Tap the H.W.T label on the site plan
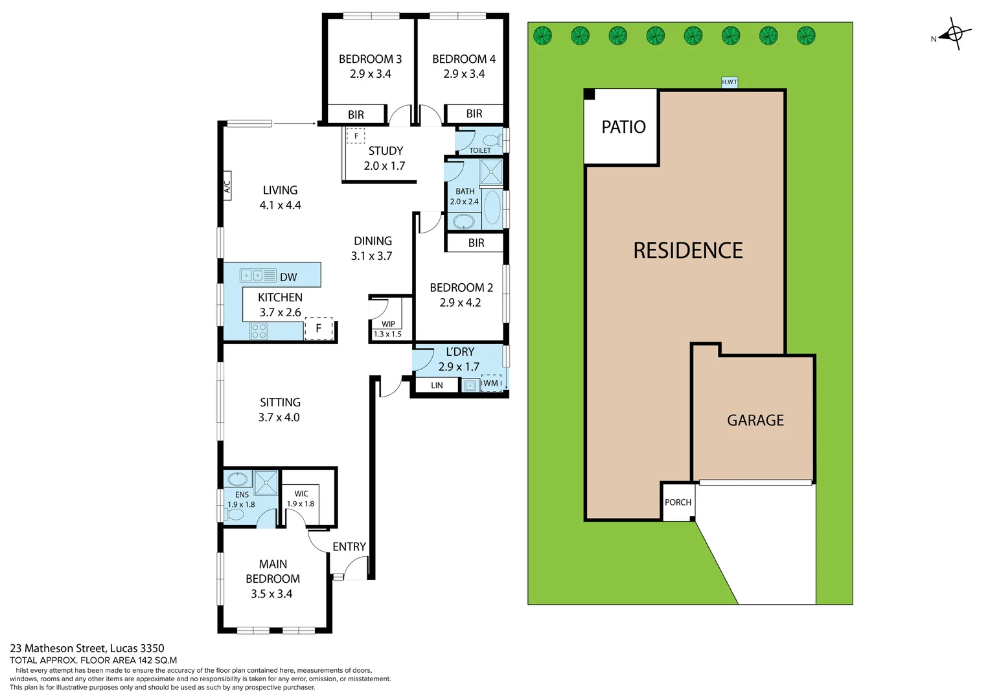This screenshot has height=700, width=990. tap(729, 82)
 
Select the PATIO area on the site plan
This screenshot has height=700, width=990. tap(623, 127)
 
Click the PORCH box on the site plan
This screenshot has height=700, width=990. tap(678, 502)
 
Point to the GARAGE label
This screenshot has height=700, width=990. tap(755, 421)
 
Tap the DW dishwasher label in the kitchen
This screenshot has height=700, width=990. tap(288, 277)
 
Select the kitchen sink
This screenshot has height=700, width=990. tap(258, 275)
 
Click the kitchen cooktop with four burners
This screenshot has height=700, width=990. tap(259, 331)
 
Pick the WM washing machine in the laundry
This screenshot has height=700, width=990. tap(491, 384)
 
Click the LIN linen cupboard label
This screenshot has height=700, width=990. tap(437, 386)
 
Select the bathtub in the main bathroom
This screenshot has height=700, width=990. tap(492, 207)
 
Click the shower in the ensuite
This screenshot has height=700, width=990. tap(266, 484)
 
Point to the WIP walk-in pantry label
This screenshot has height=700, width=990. tap(388, 324)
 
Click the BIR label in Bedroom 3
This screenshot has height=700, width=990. tap(356, 115)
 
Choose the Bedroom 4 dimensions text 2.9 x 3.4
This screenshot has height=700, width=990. tap(464, 74)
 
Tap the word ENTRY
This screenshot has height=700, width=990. tap(349, 547)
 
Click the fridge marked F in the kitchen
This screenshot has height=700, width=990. tap(318, 329)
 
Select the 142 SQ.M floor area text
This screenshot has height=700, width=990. tap(157, 660)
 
